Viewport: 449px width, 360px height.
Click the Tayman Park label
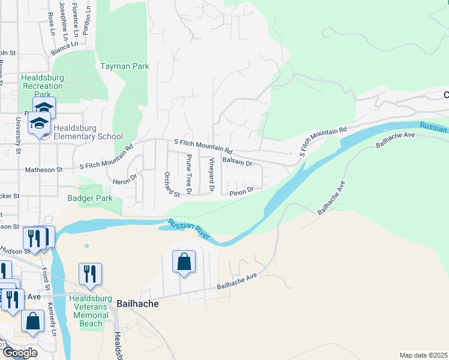[x=124, y=67]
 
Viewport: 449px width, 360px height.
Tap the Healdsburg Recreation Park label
[x=42, y=86]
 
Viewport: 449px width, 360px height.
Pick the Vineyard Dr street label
[x=211, y=175]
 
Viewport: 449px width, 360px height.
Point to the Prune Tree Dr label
[x=188, y=174]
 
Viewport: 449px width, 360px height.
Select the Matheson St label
[x=43, y=170]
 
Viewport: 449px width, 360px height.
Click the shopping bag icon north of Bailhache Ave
[x=184, y=262]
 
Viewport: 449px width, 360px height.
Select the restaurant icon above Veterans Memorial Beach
[x=90, y=274]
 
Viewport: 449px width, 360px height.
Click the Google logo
[x=19, y=353]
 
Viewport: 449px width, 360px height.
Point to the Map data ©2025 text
[x=423, y=355]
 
